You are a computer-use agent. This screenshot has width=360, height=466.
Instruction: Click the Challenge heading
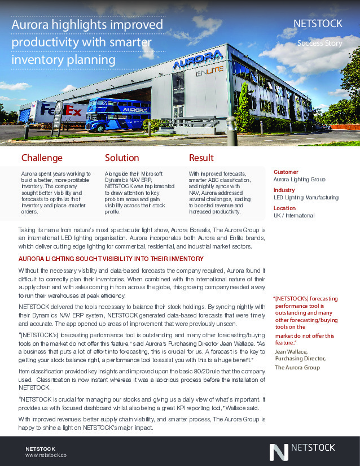pos(42,158)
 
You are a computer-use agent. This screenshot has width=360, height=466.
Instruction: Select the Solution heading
pos(122,158)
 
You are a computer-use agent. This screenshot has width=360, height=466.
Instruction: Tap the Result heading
pos(201,158)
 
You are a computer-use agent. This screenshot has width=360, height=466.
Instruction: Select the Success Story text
pos(319,43)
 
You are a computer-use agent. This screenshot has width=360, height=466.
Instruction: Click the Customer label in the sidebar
pos(286,172)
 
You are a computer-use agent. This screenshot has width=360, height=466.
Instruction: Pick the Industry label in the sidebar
pos(284,190)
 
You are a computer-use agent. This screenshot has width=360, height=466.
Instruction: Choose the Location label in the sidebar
pos(284,208)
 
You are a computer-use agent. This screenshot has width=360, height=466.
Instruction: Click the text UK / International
pos(294,216)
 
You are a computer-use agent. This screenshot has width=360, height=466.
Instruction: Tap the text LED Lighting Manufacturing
pos(306,198)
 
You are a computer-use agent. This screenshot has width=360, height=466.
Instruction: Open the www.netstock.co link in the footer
pos(46,454)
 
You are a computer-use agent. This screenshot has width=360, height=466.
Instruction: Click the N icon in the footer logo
pos(278,452)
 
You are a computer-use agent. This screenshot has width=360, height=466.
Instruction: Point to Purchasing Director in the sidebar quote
pos(300,358)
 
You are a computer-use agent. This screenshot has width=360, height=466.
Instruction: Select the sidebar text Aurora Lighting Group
pos(299,179)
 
